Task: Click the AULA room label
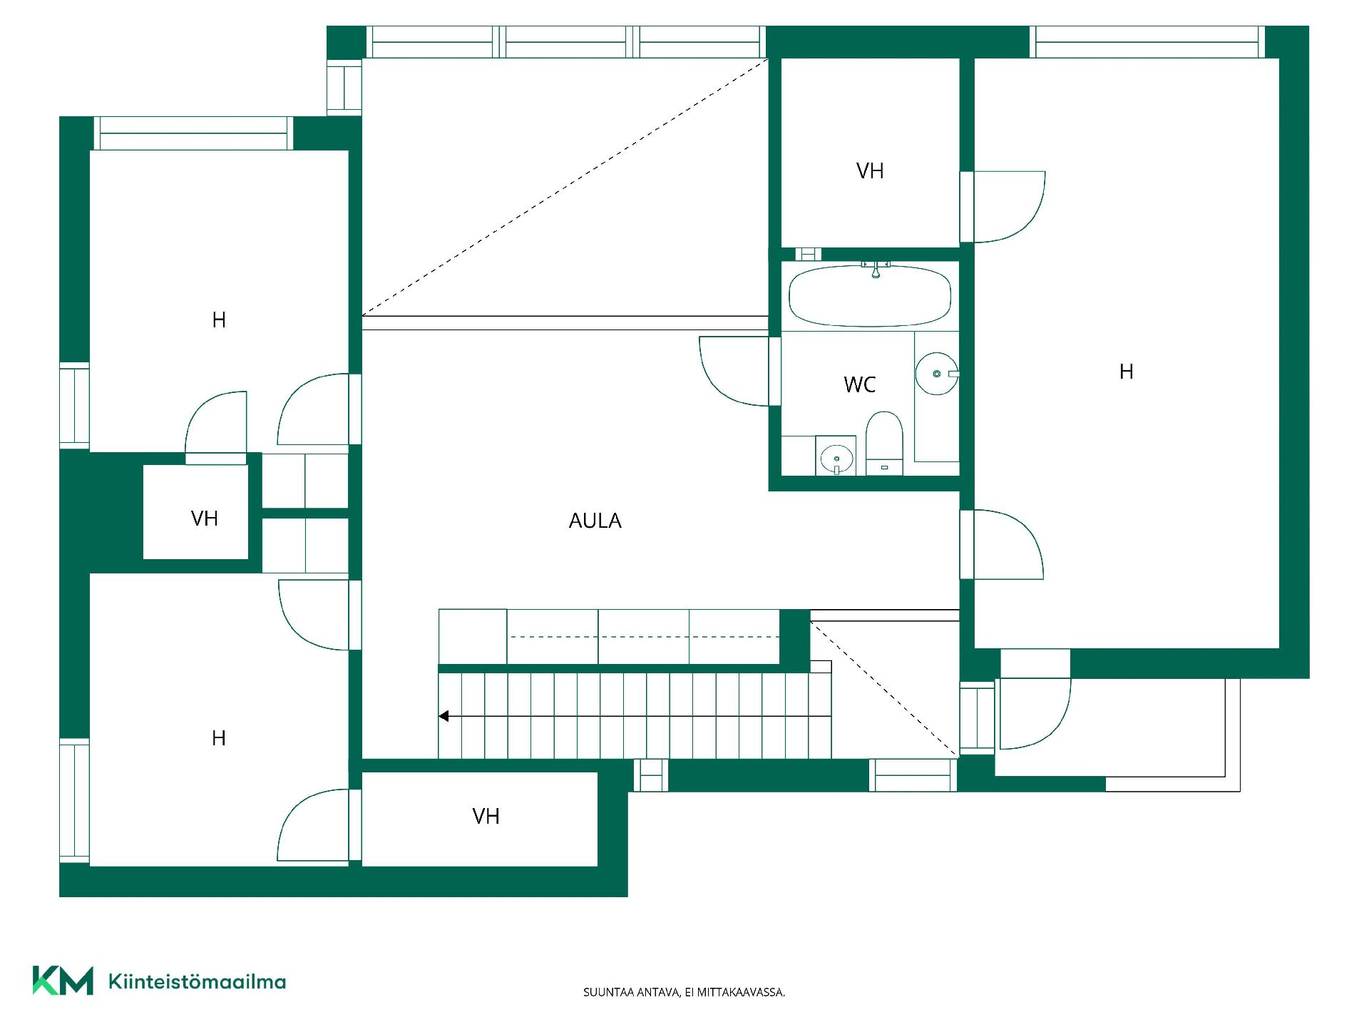[x=595, y=521]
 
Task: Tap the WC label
[x=859, y=385]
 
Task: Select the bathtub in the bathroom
[x=870, y=295]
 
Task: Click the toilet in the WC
[x=884, y=443]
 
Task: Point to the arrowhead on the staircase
[x=443, y=716]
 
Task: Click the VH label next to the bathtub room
[x=870, y=171]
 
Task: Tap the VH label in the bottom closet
[x=486, y=817]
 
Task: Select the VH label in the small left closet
[x=204, y=518]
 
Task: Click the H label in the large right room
[x=1126, y=372]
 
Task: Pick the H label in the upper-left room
[x=219, y=320]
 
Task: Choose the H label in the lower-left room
[x=219, y=738]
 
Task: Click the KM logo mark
[x=63, y=981]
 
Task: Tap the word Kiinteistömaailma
[x=197, y=981]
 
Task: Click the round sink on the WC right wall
[x=936, y=373]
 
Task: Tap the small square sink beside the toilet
[x=836, y=456]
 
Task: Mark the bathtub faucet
[x=876, y=269]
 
